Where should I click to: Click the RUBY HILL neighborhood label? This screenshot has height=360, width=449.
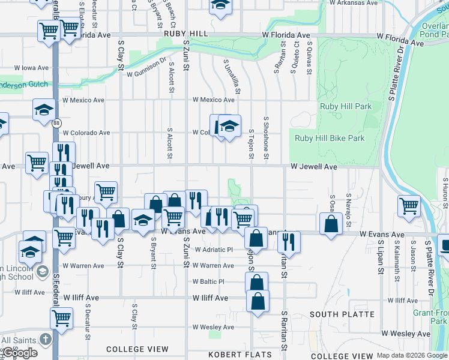pyautogui.click(x=185, y=34)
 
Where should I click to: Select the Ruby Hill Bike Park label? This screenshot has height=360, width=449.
pyautogui.click(x=330, y=138)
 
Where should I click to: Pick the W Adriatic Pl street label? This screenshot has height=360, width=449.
pyautogui.click(x=212, y=250)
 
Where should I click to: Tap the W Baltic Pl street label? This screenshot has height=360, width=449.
pyautogui.click(x=208, y=281)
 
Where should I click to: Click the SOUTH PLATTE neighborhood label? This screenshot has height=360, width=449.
pyautogui.click(x=342, y=314)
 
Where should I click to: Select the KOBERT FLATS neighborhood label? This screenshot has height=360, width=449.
pyautogui.click(x=240, y=355)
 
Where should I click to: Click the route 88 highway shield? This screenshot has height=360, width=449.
pyautogui.click(x=56, y=123)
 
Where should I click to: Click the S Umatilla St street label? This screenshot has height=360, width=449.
pyautogui.click(x=231, y=76)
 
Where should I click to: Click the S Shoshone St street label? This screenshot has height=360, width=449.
pyautogui.click(x=266, y=144)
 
